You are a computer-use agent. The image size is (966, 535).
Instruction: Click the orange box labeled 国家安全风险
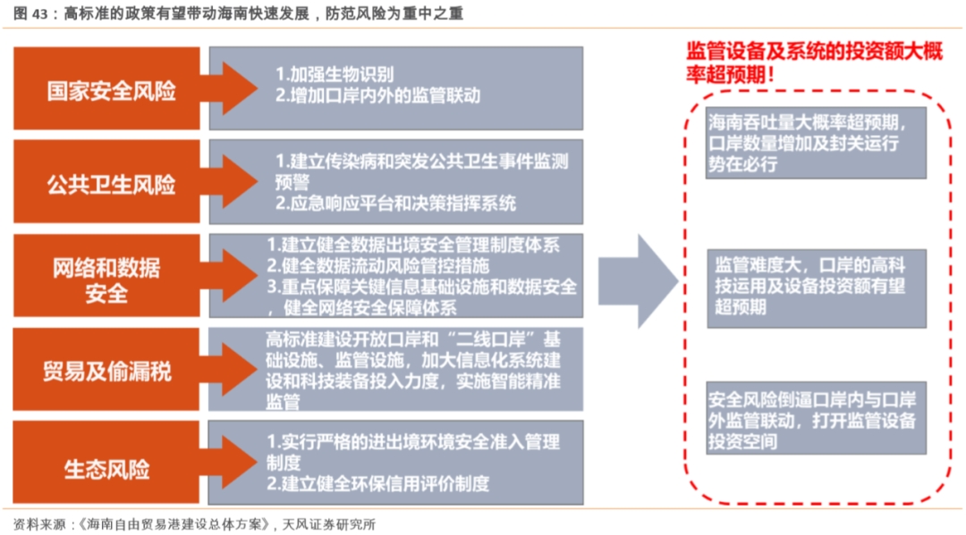106,88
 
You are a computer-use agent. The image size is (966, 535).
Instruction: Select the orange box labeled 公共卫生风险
106,181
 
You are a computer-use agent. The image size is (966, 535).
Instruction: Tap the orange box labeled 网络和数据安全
106,275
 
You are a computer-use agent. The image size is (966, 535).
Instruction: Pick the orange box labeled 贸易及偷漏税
106,369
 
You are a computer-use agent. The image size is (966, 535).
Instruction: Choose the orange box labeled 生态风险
106,463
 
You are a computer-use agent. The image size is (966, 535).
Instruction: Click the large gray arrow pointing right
639,281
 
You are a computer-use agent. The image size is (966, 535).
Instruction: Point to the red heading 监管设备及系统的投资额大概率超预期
814,63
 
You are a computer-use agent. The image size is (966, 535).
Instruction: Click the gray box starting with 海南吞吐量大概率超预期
816,143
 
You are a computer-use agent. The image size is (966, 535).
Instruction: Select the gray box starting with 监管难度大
817,288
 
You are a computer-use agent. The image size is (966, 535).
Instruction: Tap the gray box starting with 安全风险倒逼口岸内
816,418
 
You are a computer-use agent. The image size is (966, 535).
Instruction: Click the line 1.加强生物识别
335,74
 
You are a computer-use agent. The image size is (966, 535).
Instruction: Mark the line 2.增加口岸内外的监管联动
377,96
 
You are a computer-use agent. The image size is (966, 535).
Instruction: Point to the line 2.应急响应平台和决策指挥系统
395,204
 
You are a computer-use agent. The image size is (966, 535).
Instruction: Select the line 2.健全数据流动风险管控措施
377,265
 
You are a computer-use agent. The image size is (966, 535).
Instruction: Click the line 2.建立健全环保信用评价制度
377,484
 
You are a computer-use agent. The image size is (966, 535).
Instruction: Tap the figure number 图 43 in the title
30,13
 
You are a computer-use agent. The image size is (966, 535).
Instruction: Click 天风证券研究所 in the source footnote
328,524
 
